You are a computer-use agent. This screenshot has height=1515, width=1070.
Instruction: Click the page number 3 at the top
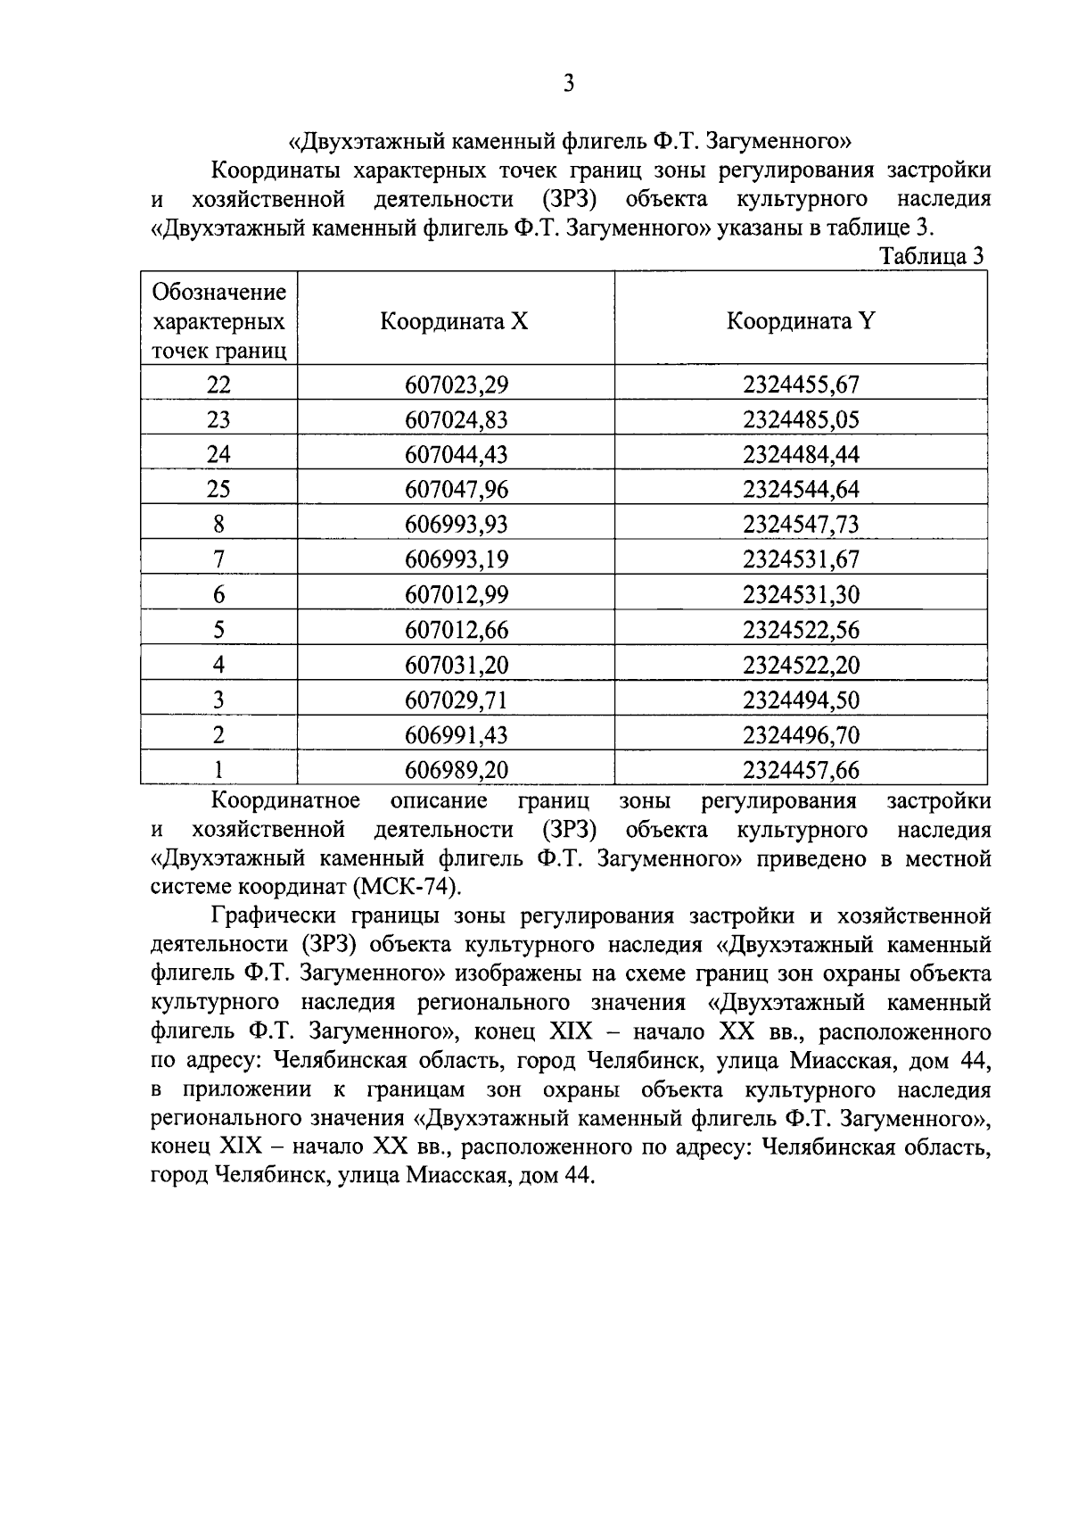pos(568,84)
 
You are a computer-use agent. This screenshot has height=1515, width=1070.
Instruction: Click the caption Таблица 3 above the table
pos(932,256)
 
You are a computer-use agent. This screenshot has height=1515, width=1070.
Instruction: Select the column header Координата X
pos(455,321)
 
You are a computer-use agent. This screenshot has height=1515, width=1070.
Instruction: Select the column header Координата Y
pos(800,321)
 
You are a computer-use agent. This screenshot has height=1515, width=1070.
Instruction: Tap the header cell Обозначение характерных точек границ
pos(219,321)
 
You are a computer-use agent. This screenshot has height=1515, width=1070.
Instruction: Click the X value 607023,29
pos(456,385)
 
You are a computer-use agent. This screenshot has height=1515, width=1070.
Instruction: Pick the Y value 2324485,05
pos(801,419)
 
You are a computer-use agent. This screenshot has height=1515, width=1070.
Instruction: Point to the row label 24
pos(218,454)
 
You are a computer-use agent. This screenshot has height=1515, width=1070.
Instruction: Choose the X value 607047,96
pos(456,490)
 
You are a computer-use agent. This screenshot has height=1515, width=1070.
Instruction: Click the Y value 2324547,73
pos(801,525)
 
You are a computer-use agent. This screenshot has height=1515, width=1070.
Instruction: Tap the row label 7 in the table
pos(218,559)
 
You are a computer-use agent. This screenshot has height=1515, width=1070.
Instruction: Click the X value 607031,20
pos(456,665)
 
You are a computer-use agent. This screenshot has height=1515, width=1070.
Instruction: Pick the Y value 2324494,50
pos(801,700)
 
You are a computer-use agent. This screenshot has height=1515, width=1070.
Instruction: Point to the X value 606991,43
pos(456,735)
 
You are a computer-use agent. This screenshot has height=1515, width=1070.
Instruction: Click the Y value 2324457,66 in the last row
pos(801,770)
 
